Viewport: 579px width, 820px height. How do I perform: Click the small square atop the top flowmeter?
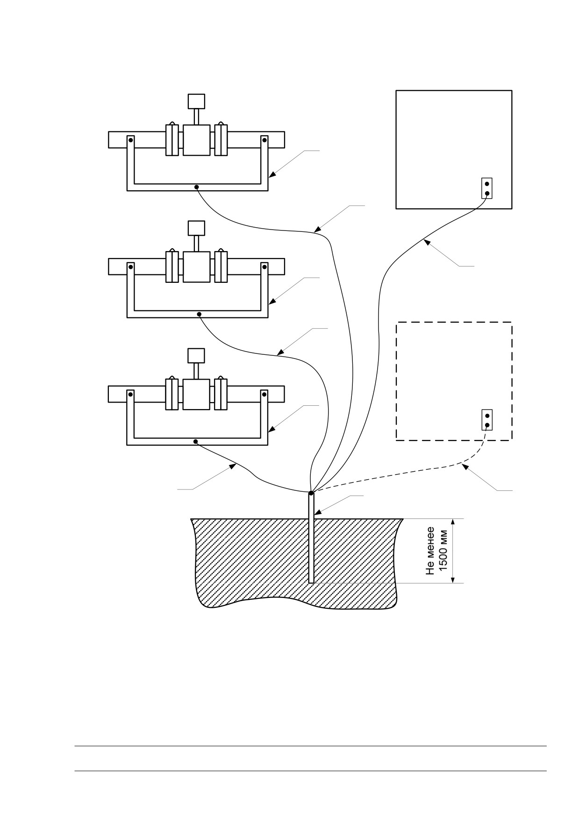click(x=196, y=101)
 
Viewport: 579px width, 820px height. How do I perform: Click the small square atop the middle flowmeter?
click(x=196, y=228)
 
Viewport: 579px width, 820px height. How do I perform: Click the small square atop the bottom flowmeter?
click(x=196, y=356)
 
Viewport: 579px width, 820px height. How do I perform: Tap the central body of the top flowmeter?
click(x=196, y=140)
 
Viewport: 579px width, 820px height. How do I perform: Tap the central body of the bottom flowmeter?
click(x=196, y=394)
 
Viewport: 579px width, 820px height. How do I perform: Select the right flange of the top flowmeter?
click(x=221, y=140)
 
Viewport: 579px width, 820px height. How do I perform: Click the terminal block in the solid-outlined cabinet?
click(x=487, y=188)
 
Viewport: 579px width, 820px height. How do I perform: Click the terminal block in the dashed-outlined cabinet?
click(x=487, y=420)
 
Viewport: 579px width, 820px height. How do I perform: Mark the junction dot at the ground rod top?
click(x=311, y=493)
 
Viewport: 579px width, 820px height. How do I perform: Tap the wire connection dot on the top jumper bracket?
click(x=197, y=187)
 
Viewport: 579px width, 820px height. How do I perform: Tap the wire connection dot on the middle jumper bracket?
click(x=200, y=314)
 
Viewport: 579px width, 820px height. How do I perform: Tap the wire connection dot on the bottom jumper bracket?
click(x=196, y=441)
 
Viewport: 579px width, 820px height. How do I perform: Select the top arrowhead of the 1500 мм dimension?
click(x=452, y=523)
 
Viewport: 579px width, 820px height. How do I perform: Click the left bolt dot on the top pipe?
click(x=131, y=140)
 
